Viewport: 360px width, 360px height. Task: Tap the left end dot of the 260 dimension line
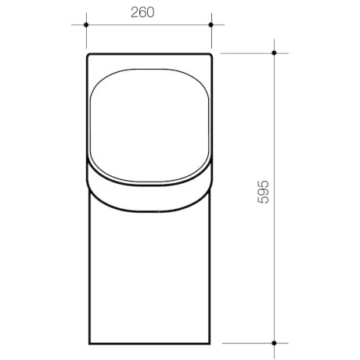pos(85,24)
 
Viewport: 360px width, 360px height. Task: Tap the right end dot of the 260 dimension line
pos(213,24)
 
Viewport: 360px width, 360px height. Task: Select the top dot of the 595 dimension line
pos(274,52)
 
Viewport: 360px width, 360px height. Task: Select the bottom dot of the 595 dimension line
pos(274,341)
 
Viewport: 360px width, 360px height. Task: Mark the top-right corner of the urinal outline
pos(211,54)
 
